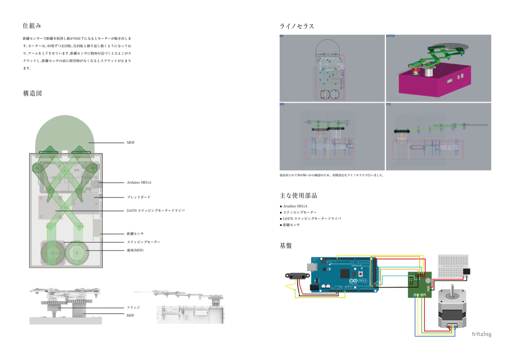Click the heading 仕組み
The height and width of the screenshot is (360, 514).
pyautogui.click(x=32, y=25)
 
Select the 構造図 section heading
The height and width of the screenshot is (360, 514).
pyautogui.click(x=32, y=93)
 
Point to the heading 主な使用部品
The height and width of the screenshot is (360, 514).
pyautogui.click(x=298, y=196)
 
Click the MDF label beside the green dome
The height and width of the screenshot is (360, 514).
pyautogui.click(x=131, y=143)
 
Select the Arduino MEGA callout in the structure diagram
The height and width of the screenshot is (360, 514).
pyautogui.click(x=139, y=182)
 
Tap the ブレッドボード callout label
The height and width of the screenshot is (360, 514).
pyautogui.click(x=139, y=197)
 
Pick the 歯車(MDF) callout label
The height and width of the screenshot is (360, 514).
pyautogui.click(x=135, y=250)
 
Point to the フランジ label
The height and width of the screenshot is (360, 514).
pyautogui.click(x=133, y=307)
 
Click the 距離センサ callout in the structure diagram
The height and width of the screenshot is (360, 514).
pyautogui.click(x=135, y=233)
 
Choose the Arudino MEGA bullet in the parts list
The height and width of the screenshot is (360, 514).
pyautogui.click(x=295, y=206)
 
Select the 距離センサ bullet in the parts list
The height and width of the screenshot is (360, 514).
pyautogui.click(x=291, y=225)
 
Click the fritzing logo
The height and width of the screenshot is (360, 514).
pyautogui.click(x=481, y=334)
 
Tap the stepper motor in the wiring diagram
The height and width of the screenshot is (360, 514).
pyautogui.click(x=451, y=308)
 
